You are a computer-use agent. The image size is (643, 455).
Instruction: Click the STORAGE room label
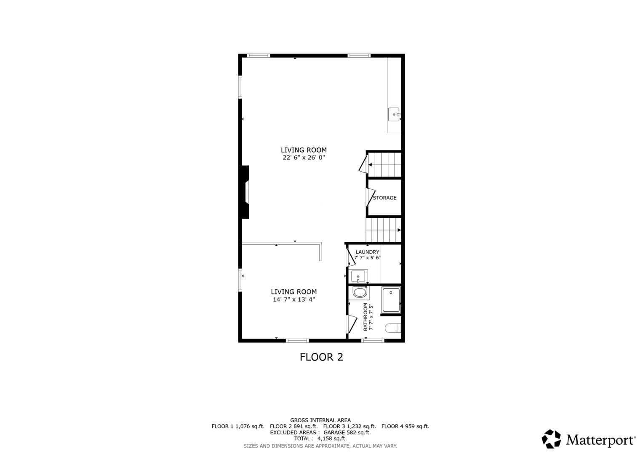pos(384,198)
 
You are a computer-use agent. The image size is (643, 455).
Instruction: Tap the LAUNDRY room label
pos(367,252)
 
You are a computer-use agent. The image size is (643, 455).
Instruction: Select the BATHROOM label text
pos(366,317)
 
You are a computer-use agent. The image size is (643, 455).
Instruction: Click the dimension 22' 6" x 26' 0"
pos(304,158)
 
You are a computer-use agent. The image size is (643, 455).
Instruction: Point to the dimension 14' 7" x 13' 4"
pos(293,300)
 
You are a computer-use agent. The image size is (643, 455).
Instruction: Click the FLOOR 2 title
pos(321,357)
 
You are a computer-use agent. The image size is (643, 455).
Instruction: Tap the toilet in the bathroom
pos(393,328)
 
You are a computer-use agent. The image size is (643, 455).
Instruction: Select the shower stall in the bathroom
pos(391,300)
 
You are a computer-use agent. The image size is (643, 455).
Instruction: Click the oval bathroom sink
pos(360,292)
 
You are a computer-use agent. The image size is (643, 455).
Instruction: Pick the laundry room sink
pos(358,276)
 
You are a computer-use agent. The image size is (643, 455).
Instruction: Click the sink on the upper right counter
pos(394,114)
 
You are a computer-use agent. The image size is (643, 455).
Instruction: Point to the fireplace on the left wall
pos(245,192)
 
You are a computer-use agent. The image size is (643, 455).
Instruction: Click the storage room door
pos(370,197)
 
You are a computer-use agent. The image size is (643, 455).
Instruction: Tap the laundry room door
pos(350,258)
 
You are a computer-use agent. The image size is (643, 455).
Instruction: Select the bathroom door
pos(351,324)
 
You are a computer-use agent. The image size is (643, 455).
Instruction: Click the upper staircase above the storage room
pos(384,164)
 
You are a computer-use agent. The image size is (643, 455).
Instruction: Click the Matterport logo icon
pos(551,439)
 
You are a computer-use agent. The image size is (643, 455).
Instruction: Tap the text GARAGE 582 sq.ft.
pos(347,432)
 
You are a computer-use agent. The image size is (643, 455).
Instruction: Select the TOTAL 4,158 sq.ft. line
pos(320,439)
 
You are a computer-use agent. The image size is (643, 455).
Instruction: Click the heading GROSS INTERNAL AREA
pos(320,420)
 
